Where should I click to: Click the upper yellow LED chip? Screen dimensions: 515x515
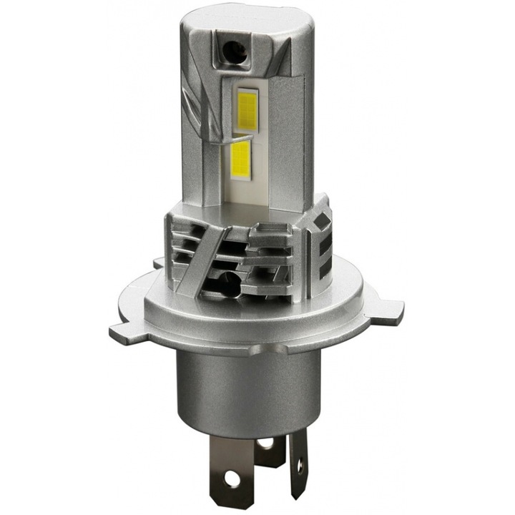pos(247,107)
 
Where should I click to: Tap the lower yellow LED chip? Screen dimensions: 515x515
pos(241,159)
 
